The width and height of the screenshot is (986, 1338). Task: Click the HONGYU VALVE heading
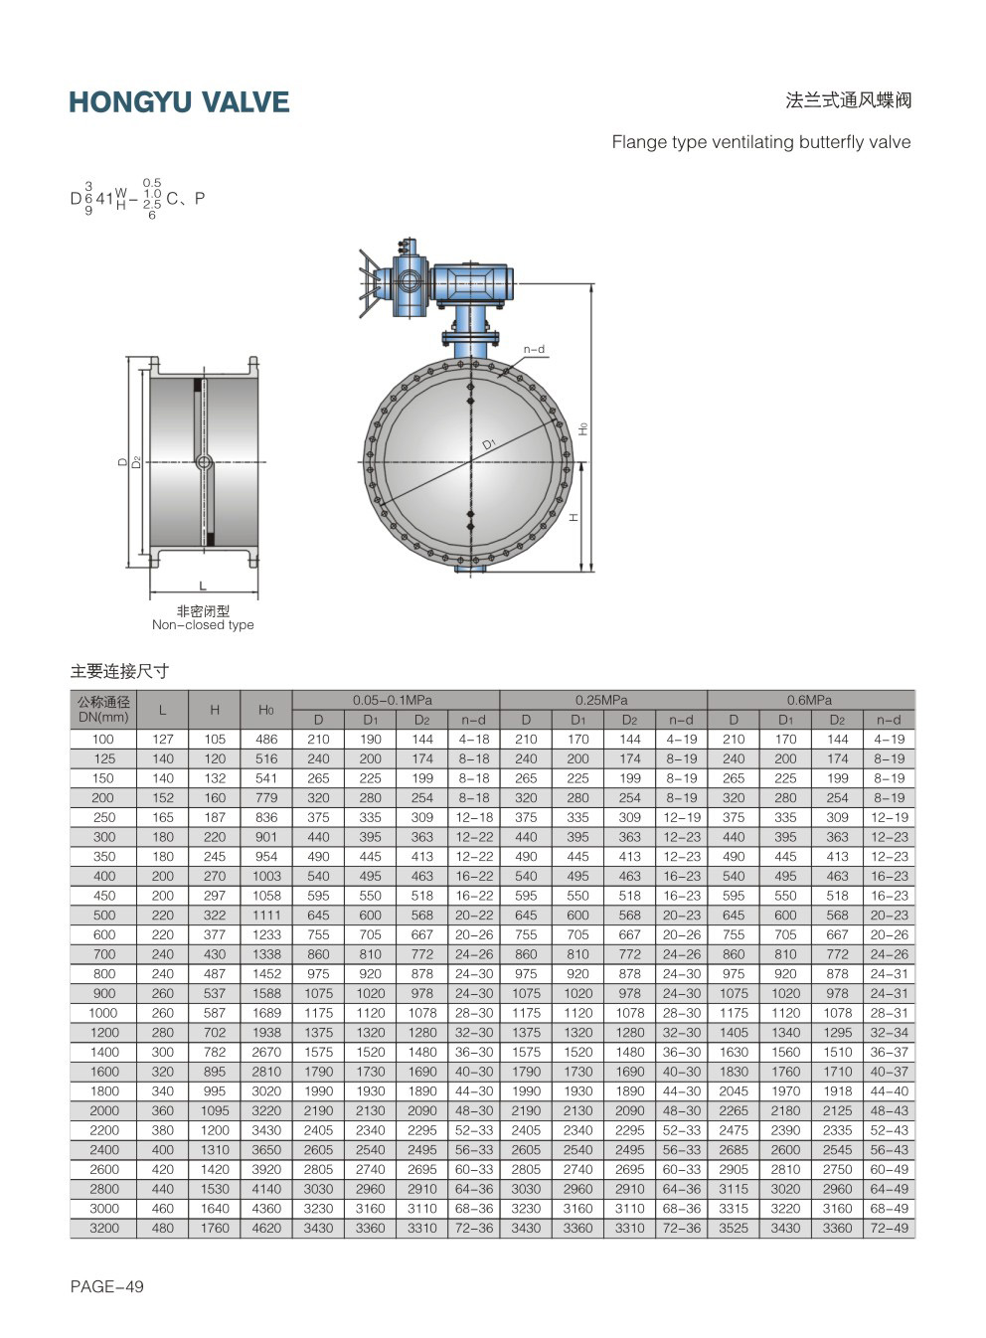tap(179, 101)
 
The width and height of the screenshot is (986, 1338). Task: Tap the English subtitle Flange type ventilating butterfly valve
tap(761, 142)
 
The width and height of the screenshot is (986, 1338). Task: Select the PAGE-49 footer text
tap(107, 1286)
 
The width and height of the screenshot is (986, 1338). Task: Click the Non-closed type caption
tap(203, 625)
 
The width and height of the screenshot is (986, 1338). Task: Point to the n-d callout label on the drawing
tap(534, 350)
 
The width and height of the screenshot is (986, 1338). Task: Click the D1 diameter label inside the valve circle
tap(489, 443)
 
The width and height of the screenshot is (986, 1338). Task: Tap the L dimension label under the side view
tap(203, 585)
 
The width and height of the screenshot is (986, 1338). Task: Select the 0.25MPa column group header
tap(601, 700)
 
